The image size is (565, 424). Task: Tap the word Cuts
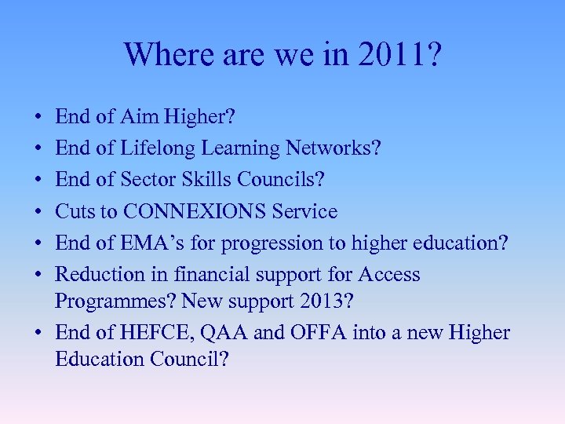click(x=75, y=211)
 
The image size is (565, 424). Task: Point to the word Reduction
click(x=97, y=275)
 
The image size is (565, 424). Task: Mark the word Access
click(x=389, y=275)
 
